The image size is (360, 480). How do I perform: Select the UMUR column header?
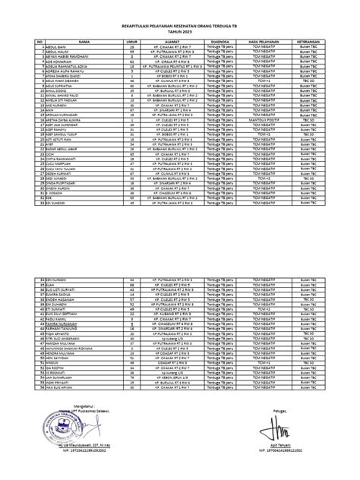tap(132, 43)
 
